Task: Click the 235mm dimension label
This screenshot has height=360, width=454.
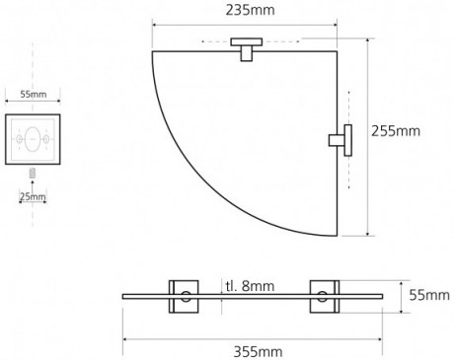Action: coord(250,10)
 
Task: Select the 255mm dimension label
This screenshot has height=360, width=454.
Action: coord(396,131)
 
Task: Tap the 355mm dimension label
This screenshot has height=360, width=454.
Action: coord(258,352)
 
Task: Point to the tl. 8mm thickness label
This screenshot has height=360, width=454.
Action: coord(250,286)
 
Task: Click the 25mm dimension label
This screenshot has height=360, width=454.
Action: coord(33,196)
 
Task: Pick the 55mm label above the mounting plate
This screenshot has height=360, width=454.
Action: coord(34,95)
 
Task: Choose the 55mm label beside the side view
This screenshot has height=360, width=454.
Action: coord(429,295)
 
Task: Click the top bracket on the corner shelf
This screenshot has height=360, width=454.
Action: coord(247,49)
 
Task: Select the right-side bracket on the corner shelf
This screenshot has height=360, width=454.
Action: coord(340,140)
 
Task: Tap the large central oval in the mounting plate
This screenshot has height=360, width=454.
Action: coord(33,139)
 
